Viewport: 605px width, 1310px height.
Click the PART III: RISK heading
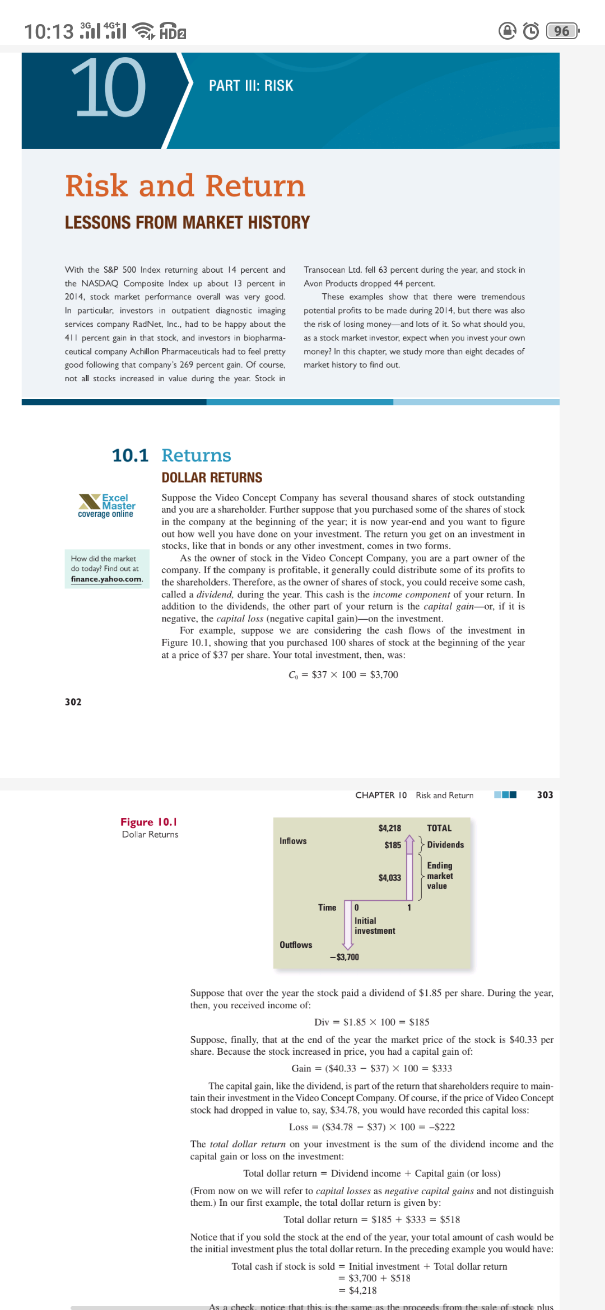pos(251,86)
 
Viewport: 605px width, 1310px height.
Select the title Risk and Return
pos(185,186)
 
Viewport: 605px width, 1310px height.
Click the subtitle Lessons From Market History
pos(187,223)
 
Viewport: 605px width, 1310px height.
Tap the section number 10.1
pos(130,456)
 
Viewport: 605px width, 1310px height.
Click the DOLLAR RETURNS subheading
pos(212,478)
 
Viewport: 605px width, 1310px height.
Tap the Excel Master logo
pos(106,506)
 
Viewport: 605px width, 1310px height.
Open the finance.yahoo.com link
pos(106,579)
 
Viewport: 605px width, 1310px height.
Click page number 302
pos(73,702)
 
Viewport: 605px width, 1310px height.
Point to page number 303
pos(544,795)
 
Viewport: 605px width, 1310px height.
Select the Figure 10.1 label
pos(149,822)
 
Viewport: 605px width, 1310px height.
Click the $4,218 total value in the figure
pos(390,828)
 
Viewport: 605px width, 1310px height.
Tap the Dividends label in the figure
pos(445,845)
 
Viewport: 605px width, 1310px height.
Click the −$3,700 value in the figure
pos(345,957)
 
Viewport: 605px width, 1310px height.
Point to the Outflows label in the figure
pos(296,945)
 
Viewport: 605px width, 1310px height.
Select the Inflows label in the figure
pos(293,841)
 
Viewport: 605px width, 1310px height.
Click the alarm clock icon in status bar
pos(530,31)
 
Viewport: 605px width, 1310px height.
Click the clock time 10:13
pos(49,31)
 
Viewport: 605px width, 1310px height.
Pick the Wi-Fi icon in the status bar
pos(146,31)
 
